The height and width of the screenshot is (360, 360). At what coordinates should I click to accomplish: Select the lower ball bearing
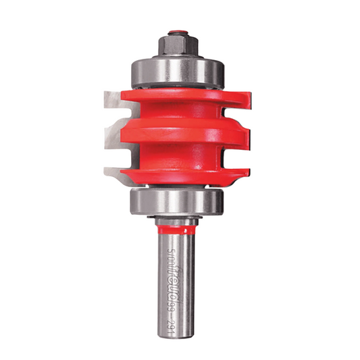click(178, 201)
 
